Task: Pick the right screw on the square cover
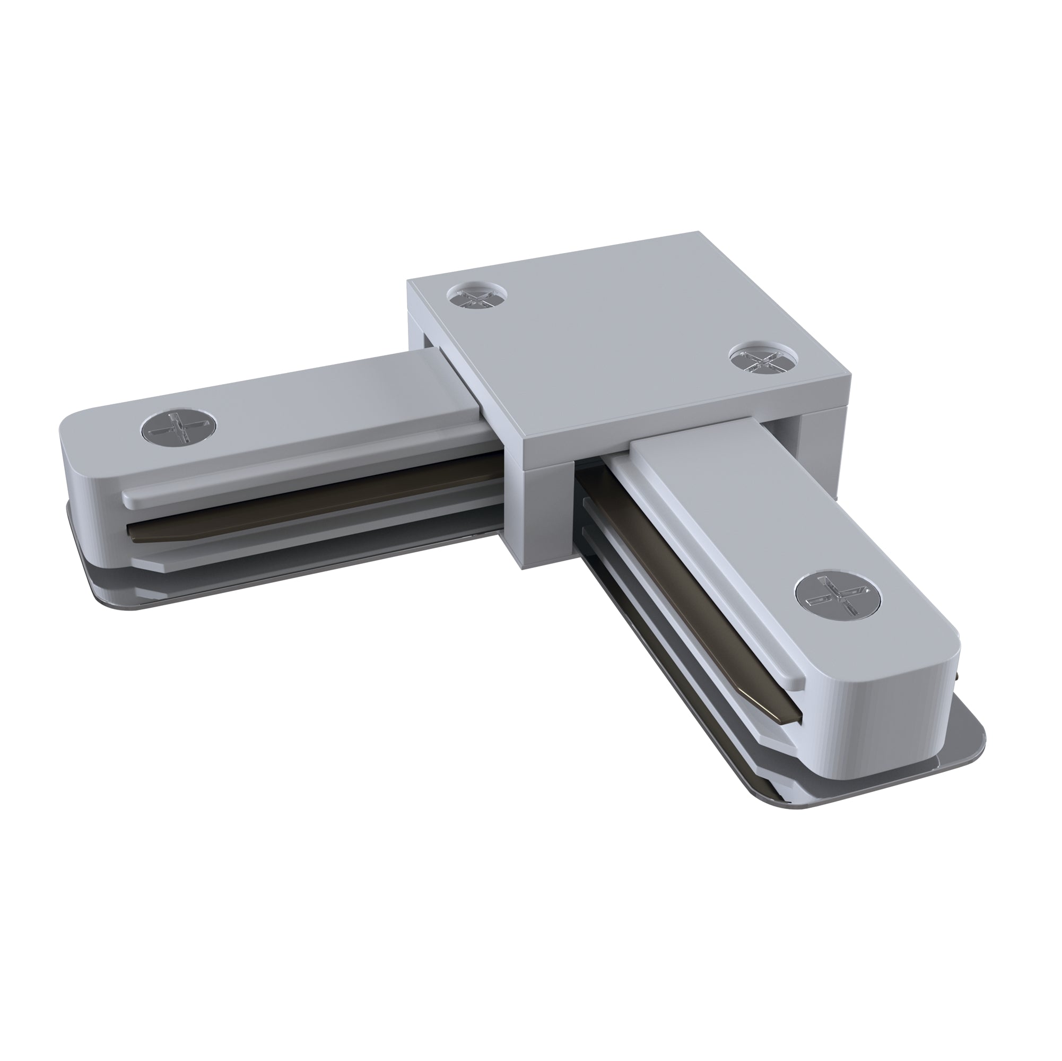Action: point(759,360)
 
